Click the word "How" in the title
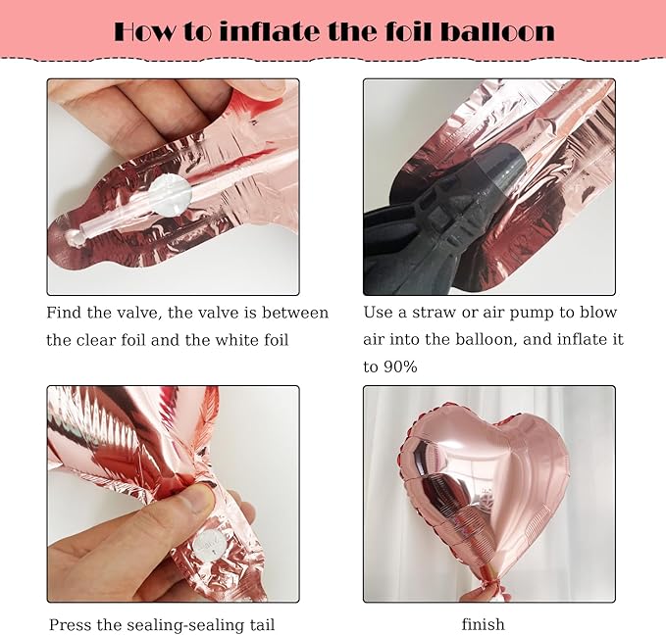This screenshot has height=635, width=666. [144, 31]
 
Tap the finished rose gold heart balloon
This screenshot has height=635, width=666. [485, 484]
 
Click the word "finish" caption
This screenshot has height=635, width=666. [484, 624]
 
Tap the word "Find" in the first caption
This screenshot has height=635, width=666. [64, 313]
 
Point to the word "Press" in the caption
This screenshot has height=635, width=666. [70, 625]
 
